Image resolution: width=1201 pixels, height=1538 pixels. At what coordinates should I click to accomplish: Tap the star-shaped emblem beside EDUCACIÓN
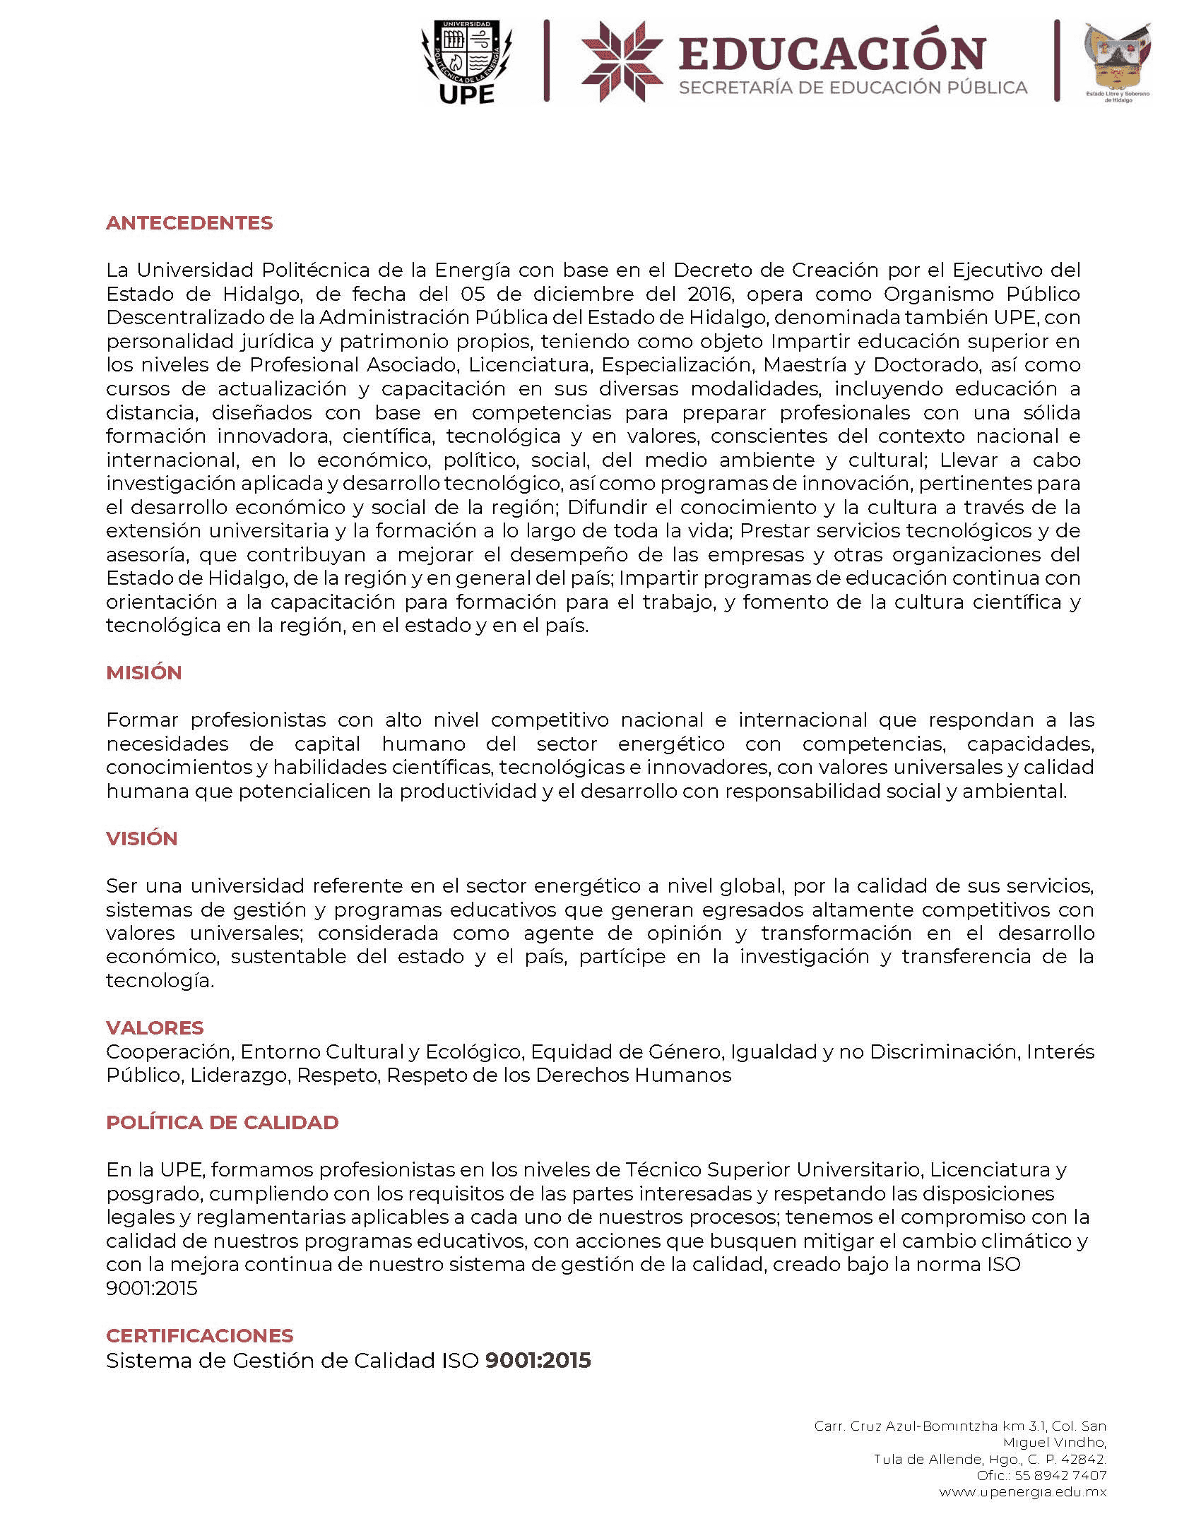click(x=622, y=61)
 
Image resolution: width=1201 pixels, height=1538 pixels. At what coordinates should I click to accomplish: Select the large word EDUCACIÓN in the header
click(x=832, y=54)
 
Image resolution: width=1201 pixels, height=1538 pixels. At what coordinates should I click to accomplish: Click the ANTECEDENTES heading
click(x=189, y=223)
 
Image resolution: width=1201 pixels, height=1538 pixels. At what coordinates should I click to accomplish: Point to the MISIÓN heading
click(x=144, y=673)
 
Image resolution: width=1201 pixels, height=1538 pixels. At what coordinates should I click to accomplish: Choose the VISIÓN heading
click(x=142, y=839)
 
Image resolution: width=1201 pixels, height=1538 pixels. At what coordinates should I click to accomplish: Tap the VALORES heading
click(x=155, y=1028)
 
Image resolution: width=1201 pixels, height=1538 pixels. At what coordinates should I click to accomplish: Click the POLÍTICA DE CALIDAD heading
click(x=223, y=1123)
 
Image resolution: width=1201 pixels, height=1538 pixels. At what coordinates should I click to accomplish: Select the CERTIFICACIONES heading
click(x=200, y=1336)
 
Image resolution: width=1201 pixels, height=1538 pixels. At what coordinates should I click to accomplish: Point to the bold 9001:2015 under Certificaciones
click(x=538, y=1361)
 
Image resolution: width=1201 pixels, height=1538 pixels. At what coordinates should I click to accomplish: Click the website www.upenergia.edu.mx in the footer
click(x=1022, y=1492)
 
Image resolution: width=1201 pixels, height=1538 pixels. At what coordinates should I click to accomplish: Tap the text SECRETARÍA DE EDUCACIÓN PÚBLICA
click(x=853, y=88)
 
